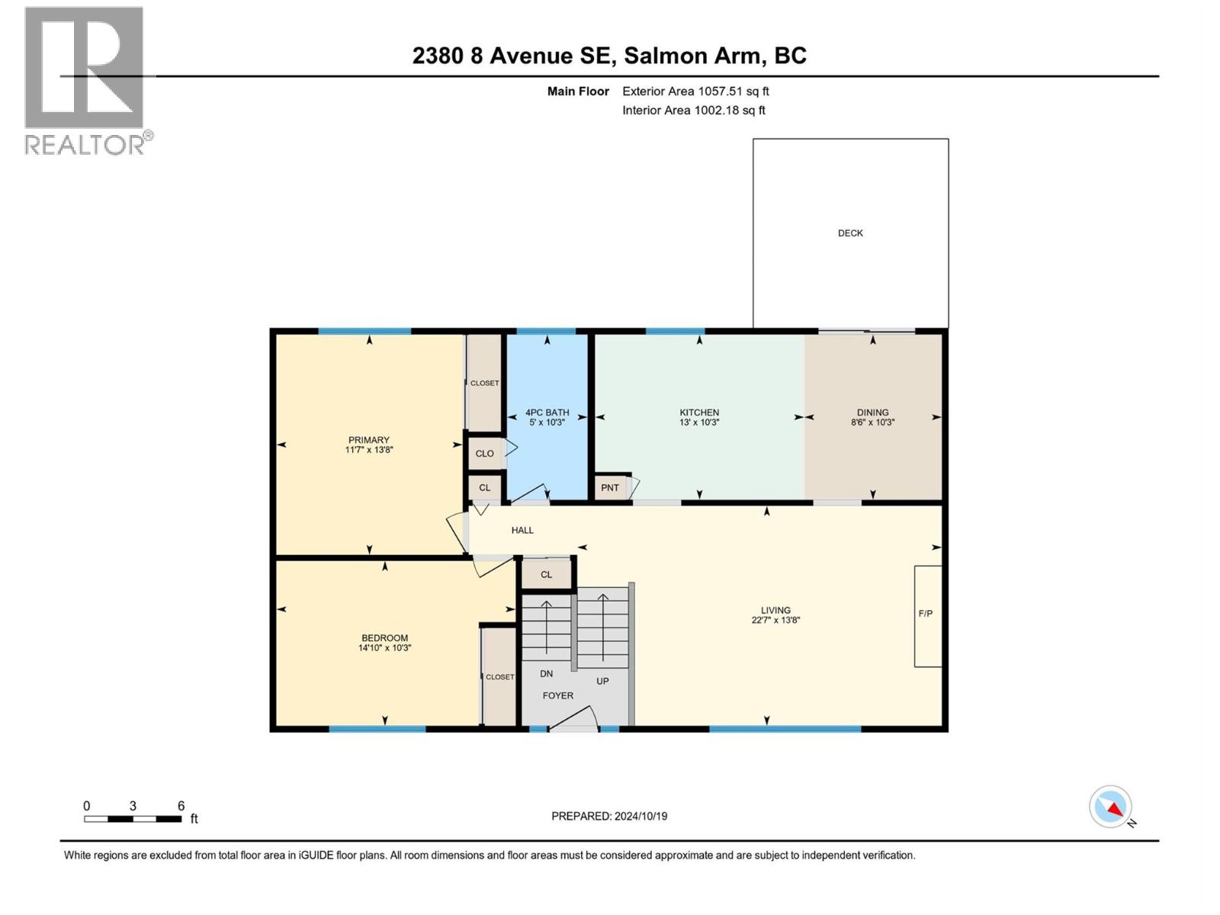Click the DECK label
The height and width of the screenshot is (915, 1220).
[850, 233]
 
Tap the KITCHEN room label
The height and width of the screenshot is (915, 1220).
[699, 413]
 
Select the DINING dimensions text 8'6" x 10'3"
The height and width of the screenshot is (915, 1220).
[872, 422]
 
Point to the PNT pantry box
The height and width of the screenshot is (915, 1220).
[611, 488]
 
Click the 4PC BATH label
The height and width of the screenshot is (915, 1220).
[547, 413]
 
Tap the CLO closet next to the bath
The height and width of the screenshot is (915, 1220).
[485, 454]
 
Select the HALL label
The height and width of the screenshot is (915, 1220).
[522, 530]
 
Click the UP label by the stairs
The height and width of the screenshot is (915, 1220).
[602, 681]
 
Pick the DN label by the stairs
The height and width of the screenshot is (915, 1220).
[546, 674]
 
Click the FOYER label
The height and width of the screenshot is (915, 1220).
[558, 695]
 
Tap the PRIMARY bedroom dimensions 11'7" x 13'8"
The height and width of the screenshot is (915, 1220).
[369, 450]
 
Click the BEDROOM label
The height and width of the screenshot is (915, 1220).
[384, 638]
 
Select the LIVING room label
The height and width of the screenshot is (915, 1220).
[775, 610]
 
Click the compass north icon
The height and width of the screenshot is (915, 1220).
[1111, 807]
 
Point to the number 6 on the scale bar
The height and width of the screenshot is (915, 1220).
[181, 806]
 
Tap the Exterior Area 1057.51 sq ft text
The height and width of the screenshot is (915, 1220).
[695, 91]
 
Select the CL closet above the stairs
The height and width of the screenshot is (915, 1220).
[546, 575]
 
